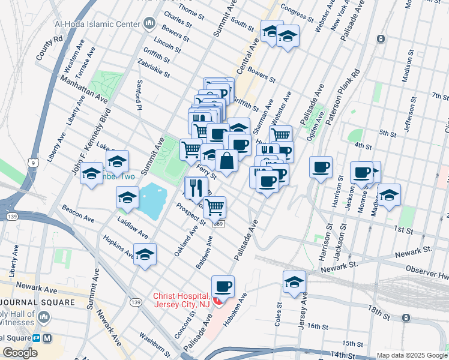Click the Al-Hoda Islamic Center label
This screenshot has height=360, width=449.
98,25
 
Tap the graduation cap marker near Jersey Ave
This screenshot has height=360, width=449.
294,283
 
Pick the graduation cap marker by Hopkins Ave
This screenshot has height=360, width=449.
145,255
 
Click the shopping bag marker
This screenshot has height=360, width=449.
226,161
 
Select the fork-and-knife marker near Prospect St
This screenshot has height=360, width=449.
196,188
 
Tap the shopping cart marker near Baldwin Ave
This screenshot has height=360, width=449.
214,208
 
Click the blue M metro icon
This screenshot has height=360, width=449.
47,338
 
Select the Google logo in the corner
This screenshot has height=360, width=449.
20,352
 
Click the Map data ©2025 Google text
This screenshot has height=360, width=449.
411,355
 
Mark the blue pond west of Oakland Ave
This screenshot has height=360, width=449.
152,201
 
